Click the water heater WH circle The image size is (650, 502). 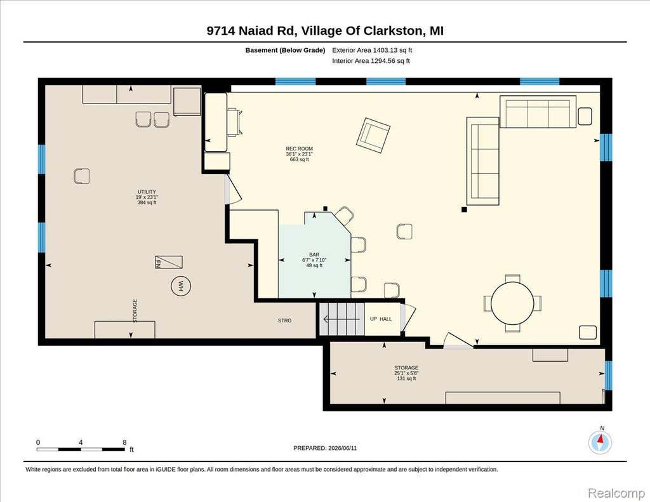(x=181, y=286)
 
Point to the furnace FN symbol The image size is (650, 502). (x=169, y=262)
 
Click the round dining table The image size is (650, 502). (x=512, y=303)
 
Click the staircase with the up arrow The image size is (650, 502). (x=342, y=319)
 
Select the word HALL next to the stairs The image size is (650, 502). (x=386, y=319)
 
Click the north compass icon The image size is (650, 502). (x=600, y=441)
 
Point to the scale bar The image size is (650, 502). (x=81, y=449)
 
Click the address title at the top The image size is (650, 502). (x=325, y=30)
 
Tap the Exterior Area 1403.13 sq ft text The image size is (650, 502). (x=372, y=50)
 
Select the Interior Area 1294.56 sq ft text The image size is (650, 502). (x=371, y=61)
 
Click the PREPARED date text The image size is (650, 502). (x=325, y=448)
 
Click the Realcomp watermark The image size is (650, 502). (x=616, y=493)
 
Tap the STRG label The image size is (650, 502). (x=285, y=320)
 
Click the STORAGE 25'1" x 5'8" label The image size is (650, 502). (x=406, y=373)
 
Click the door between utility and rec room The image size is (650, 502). (x=232, y=190)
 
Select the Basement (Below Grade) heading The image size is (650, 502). (x=285, y=50)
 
